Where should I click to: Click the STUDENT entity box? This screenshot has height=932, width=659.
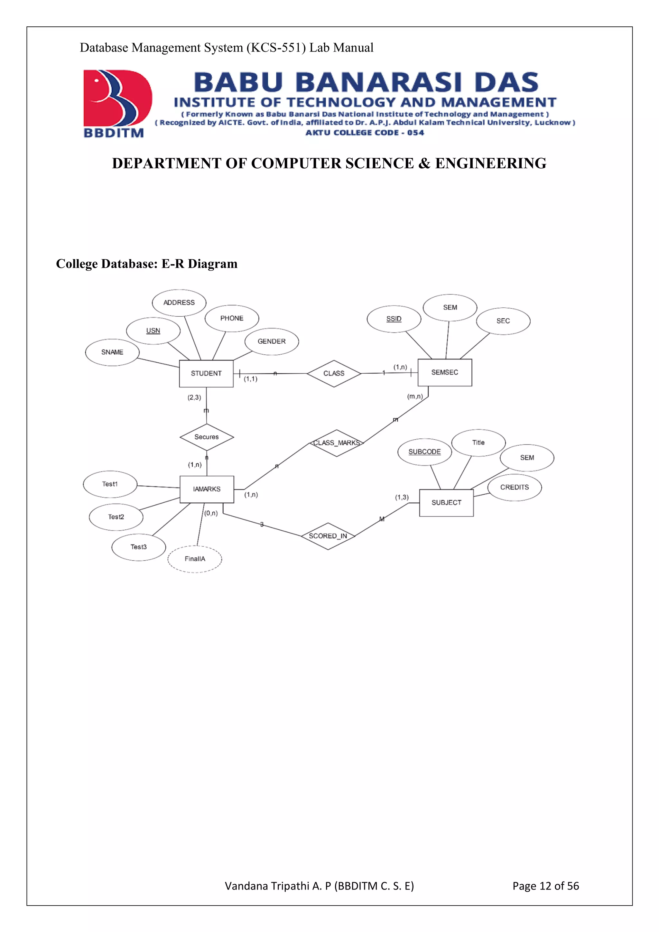tap(206, 373)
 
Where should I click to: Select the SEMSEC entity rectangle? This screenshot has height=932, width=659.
tap(445, 372)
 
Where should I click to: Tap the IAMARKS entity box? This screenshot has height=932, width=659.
tap(207, 489)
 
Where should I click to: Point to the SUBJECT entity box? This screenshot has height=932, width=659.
tap(446, 503)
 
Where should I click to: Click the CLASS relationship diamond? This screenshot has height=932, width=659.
tap(334, 373)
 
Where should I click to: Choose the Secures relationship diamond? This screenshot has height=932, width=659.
tap(207, 437)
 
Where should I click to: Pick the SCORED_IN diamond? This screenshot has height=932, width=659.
tap(328, 536)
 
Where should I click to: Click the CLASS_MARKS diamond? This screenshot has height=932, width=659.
tap(336, 443)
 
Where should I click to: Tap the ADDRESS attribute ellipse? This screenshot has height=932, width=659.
tap(179, 303)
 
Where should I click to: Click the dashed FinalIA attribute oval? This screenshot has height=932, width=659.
tap(195, 559)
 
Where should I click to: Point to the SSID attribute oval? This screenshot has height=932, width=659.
tap(394, 319)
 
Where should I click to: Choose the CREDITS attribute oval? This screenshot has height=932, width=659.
tap(514, 487)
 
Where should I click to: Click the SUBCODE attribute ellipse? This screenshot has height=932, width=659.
tap(424, 452)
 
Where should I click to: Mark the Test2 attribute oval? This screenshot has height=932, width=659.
tap(116, 517)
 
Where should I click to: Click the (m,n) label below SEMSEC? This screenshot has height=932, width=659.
tap(415, 396)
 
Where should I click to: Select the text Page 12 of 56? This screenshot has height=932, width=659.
tap(545, 886)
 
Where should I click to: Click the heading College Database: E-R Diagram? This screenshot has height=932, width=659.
tap(146, 264)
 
